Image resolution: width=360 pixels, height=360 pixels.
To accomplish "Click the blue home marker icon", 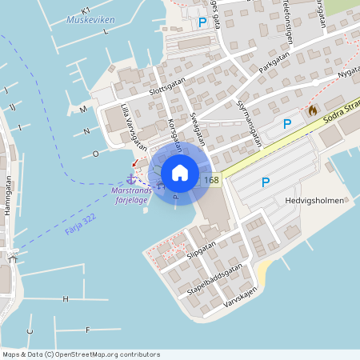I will click(179, 172).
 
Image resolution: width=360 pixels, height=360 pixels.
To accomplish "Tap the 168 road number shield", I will click(211, 180).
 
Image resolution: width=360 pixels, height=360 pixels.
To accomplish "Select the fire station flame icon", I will click(312, 110).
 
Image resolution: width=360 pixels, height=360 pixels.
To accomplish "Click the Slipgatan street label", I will click(202, 251).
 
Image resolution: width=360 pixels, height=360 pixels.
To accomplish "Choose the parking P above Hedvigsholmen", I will click(266, 182).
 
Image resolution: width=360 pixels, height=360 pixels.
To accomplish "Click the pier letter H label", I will click(66, 298).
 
